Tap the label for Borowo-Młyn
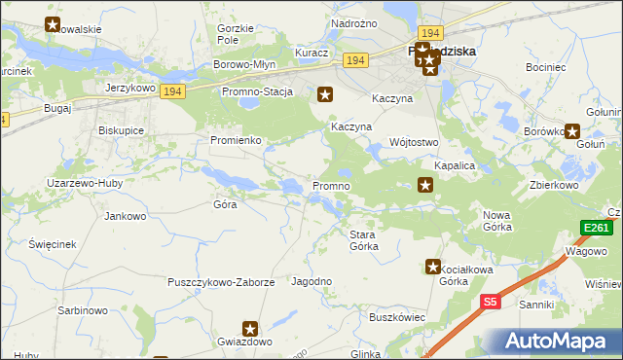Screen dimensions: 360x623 [x=245, y=64]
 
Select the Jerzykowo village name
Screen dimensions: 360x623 [x=131, y=87]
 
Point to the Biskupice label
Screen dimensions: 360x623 [x=122, y=129]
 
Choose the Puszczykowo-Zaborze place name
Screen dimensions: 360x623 [x=223, y=282]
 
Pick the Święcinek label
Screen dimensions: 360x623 [x=53, y=243]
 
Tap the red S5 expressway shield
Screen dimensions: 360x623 [x=491, y=303]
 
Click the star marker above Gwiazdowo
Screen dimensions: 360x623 [x=250, y=330]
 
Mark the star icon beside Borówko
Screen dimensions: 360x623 [x=574, y=131]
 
